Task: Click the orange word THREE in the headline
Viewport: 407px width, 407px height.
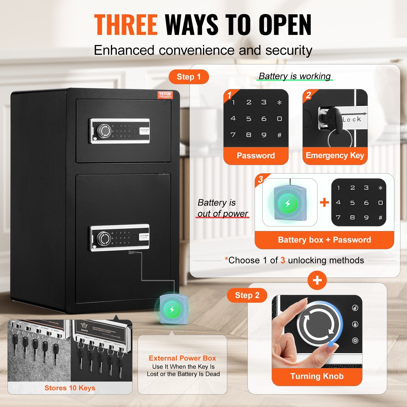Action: [126, 25]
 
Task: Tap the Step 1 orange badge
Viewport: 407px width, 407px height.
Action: [189, 77]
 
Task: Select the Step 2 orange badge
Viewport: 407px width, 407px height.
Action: [247, 295]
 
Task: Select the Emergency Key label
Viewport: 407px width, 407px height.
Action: [335, 155]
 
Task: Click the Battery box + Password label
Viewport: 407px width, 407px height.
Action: [324, 240]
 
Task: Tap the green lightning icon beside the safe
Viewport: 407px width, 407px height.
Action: [172, 310]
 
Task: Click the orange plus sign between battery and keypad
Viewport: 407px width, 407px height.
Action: [324, 203]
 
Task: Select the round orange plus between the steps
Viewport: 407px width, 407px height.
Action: [317, 280]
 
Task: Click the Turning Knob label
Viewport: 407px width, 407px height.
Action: [317, 376]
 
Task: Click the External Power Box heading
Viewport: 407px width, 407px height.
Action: [182, 358]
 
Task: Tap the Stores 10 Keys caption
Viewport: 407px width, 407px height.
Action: [70, 388]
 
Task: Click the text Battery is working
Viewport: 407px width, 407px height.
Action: [295, 76]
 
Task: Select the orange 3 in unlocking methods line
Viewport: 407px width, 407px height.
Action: [283, 260]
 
